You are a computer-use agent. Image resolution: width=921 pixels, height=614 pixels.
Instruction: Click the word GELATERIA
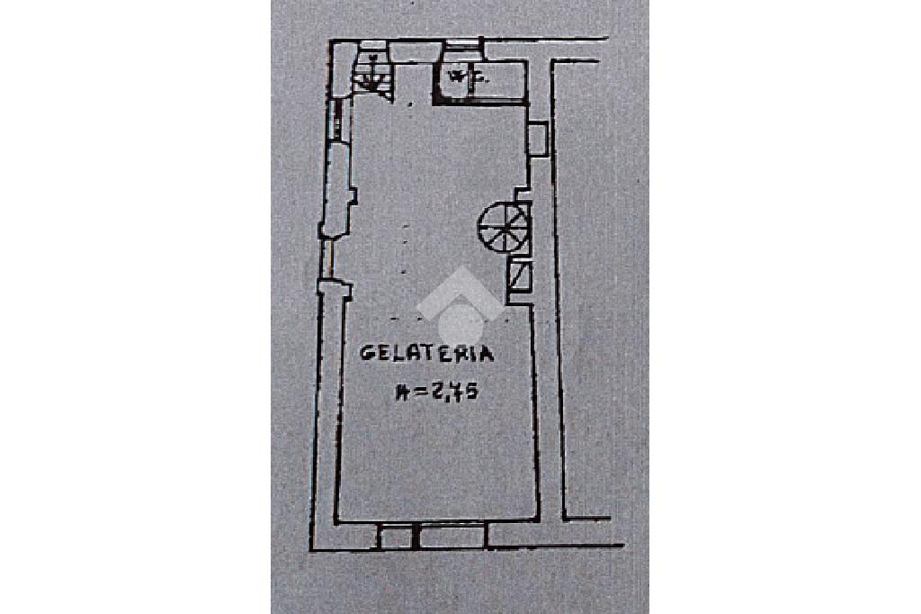[x=427, y=353]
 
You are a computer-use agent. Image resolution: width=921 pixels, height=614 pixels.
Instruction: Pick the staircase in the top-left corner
[x=370, y=74]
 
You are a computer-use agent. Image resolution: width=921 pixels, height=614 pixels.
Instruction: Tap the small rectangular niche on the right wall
[x=537, y=138]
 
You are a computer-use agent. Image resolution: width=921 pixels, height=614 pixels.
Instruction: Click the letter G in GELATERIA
[x=367, y=353]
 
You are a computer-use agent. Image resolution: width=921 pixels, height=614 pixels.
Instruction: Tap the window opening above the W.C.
[x=460, y=49]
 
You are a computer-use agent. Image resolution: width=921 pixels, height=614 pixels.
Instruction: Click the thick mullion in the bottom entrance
[x=416, y=537]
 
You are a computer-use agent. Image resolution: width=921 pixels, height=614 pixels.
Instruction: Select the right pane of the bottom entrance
[x=454, y=537]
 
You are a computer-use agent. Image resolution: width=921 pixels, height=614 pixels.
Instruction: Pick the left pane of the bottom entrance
[x=394, y=537]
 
